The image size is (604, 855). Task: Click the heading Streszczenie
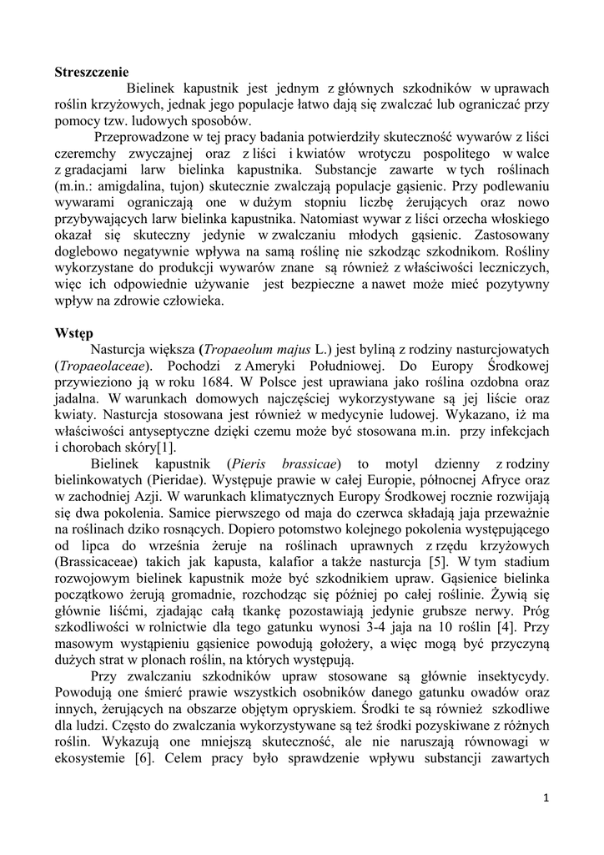tap(92, 73)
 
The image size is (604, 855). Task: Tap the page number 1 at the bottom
tap(546, 798)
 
